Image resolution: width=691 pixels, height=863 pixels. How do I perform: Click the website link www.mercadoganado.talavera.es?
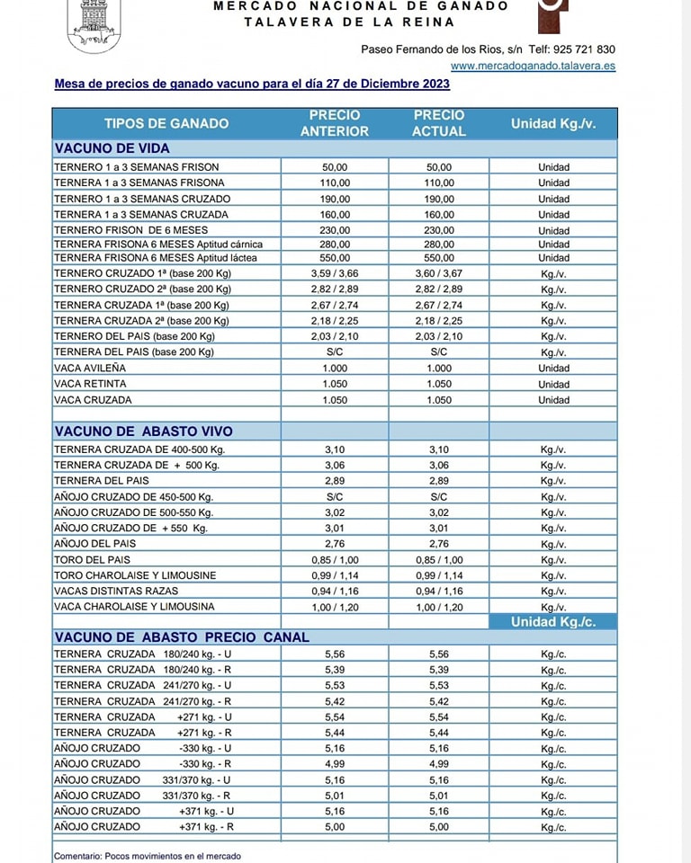pyautogui.click(x=533, y=66)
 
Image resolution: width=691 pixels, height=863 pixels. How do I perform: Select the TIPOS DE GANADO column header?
pyautogui.click(x=166, y=123)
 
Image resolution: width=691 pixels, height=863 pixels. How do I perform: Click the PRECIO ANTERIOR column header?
pyautogui.click(x=335, y=123)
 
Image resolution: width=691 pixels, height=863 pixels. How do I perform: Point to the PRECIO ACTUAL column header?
pyautogui.click(x=439, y=123)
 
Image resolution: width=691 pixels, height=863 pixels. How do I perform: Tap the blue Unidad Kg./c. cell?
pyautogui.click(x=553, y=622)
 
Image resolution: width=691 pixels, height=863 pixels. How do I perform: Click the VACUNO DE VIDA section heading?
pyautogui.click(x=112, y=148)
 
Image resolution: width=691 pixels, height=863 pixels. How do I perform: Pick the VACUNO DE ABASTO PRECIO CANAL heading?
pyautogui.click(x=182, y=637)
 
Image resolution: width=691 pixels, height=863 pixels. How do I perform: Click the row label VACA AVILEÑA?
pyautogui.click(x=90, y=369)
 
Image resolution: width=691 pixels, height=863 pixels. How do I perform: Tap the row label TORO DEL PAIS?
pyautogui.click(x=92, y=559)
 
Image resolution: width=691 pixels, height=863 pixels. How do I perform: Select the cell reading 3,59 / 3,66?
pyautogui.click(x=335, y=273)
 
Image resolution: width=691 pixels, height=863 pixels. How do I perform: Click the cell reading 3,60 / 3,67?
pyautogui.click(x=439, y=273)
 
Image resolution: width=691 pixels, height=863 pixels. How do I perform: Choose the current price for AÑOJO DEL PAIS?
pyautogui.click(x=439, y=544)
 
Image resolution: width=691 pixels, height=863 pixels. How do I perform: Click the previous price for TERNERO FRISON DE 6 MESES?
pyautogui.click(x=335, y=230)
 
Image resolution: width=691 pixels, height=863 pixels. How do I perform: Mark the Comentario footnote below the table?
pyautogui.click(x=148, y=856)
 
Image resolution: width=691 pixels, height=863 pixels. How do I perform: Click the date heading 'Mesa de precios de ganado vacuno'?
pyautogui.click(x=252, y=85)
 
